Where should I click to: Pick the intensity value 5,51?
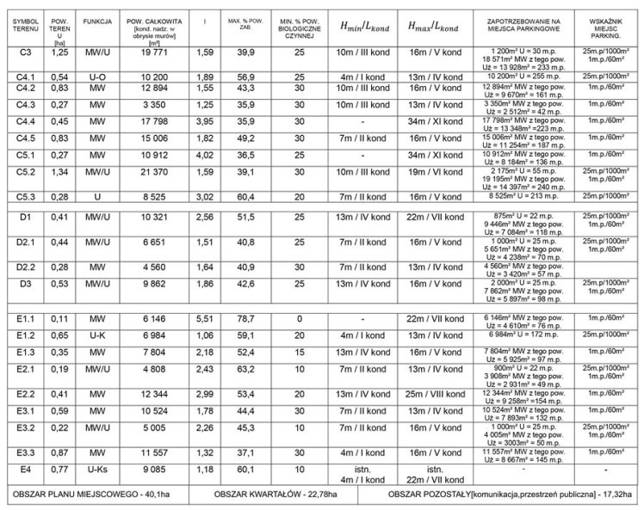(x=204, y=319)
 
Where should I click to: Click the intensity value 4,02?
(x=204, y=154)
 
